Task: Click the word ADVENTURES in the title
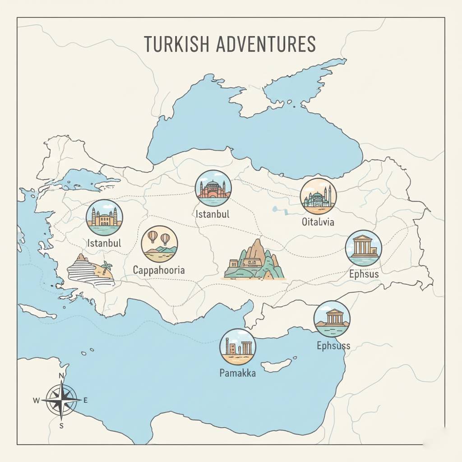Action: point(265,44)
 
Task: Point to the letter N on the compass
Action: point(62,376)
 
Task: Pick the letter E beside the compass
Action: point(86,400)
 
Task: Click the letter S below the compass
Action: point(61,425)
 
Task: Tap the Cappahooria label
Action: point(159,270)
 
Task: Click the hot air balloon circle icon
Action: point(159,244)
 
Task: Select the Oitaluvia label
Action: point(318,222)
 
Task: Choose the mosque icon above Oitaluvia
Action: point(318,196)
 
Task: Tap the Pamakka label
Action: point(237,373)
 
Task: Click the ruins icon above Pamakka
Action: point(237,346)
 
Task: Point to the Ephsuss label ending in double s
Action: point(333,346)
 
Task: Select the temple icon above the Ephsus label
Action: point(363,248)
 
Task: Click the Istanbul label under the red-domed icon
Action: point(213,213)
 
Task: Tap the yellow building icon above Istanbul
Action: point(104,217)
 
